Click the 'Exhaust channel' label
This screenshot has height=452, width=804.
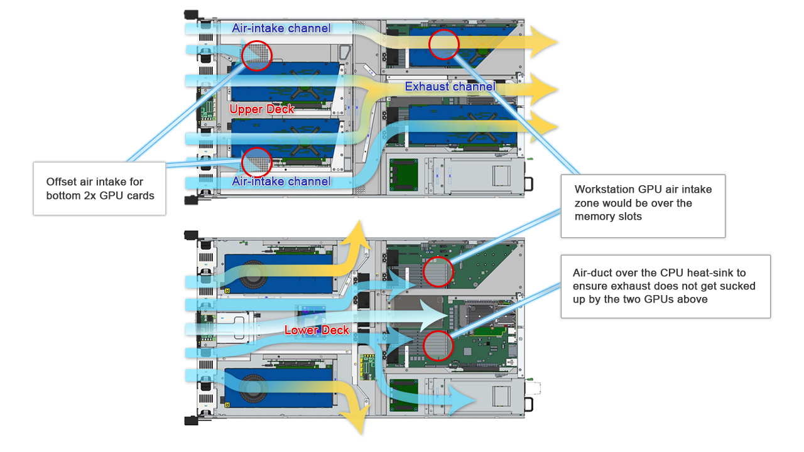pyautogui.click(x=450, y=87)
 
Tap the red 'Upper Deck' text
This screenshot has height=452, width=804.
pyautogui.click(x=262, y=109)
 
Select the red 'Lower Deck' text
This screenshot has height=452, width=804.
pyautogui.click(x=317, y=330)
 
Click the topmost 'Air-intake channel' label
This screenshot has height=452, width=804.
pyautogui.click(x=281, y=28)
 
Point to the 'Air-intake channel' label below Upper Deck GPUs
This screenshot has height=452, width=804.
pyautogui.click(x=281, y=181)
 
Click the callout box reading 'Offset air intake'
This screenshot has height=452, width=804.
pyautogui.click(x=99, y=188)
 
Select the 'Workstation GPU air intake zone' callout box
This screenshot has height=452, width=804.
pyautogui.click(x=643, y=205)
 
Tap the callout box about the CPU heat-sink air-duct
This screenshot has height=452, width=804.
pyautogui.click(x=665, y=286)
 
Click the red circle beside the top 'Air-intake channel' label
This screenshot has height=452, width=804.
pyautogui.click(x=256, y=55)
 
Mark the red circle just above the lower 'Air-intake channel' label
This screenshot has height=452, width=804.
pyautogui.click(x=256, y=162)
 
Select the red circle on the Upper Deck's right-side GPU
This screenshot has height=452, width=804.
pyautogui.click(x=444, y=44)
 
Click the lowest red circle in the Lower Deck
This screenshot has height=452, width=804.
pyautogui.click(x=438, y=345)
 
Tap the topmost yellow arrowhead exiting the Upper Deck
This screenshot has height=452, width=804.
pyautogui.click(x=543, y=43)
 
